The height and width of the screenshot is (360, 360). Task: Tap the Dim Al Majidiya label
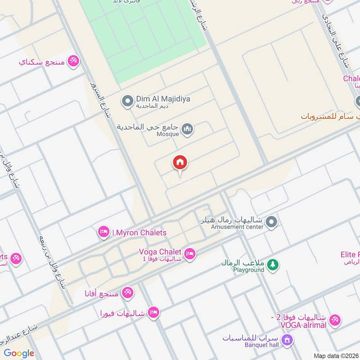click(x=157, y=98)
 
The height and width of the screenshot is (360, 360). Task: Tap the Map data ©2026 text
click(x=335, y=355)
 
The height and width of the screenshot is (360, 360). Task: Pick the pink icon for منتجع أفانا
click(x=128, y=293)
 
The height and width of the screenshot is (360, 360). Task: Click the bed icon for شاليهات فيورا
click(x=153, y=313)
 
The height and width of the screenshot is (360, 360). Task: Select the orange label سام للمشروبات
click(x=327, y=116)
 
